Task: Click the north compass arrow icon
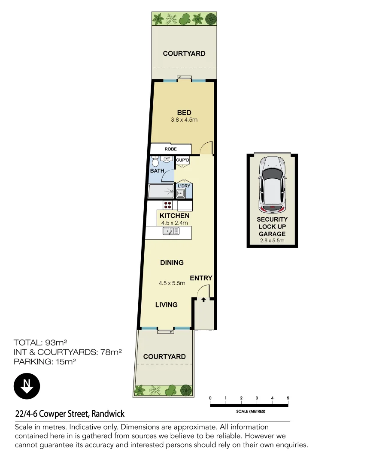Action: tap(27, 386)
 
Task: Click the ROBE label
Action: tap(170, 149)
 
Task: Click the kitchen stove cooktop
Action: tap(167, 205)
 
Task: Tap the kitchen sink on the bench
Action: tap(170, 231)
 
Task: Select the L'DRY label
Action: tap(184, 186)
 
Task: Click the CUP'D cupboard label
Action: tap(183, 160)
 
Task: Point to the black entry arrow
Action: tap(203, 300)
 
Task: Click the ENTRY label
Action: tap(201, 278)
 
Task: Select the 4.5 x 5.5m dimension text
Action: tap(172, 283)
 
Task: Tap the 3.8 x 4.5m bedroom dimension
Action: tap(184, 120)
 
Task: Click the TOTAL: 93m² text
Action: tap(40, 343)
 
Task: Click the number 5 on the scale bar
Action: tap(288, 398)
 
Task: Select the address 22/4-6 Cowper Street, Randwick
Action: tap(70, 414)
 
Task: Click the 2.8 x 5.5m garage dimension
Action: tap(272, 241)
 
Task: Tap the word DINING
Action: tap(172, 262)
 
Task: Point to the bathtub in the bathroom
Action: tap(161, 191)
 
